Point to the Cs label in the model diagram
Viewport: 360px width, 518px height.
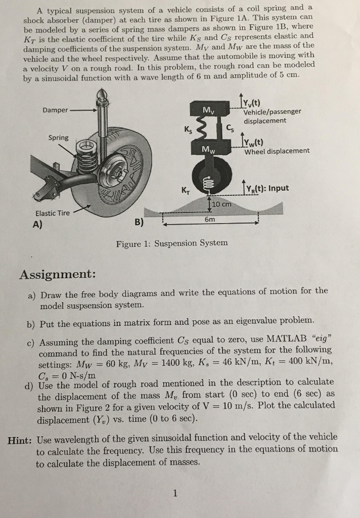point(231,128)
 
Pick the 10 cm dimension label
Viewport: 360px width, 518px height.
point(221,204)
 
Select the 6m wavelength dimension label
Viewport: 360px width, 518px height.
point(209,220)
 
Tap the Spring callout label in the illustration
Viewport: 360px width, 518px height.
point(58,137)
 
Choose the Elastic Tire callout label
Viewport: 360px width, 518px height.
point(53,213)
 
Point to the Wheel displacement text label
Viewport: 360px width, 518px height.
point(277,151)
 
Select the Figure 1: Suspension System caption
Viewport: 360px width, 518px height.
point(172,243)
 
